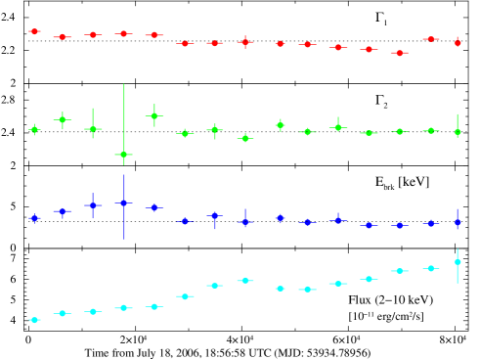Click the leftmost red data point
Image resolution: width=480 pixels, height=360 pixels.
[x=34, y=31]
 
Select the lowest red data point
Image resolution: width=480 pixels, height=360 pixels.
[x=399, y=53]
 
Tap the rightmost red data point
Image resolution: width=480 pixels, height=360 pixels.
[x=458, y=42]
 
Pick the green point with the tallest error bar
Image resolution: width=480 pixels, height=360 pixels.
[x=123, y=155]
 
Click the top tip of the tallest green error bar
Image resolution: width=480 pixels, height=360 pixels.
[x=123, y=84]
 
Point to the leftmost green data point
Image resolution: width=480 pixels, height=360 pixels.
[x=34, y=129]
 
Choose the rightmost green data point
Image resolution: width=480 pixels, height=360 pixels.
[x=458, y=132]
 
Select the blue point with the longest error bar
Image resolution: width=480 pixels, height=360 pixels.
[x=123, y=203]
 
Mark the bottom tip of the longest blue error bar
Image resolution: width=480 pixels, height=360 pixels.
[x=123, y=240]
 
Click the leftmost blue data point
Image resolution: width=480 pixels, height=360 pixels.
[x=34, y=218]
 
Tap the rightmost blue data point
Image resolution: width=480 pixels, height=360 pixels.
[x=458, y=223]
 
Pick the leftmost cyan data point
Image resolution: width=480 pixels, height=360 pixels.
[x=34, y=320]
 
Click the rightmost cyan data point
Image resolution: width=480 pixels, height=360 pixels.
[x=458, y=262]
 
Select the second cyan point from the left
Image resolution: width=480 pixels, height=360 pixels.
[x=63, y=313]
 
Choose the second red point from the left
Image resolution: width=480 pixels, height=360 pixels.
[x=63, y=37]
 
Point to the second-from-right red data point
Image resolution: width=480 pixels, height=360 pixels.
[x=430, y=39]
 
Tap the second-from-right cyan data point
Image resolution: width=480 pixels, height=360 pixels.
[x=430, y=268]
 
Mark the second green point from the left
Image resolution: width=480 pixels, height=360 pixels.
[x=63, y=119]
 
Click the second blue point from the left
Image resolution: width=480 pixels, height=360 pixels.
[x=63, y=211]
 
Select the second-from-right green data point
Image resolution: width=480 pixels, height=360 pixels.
[x=430, y=130]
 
